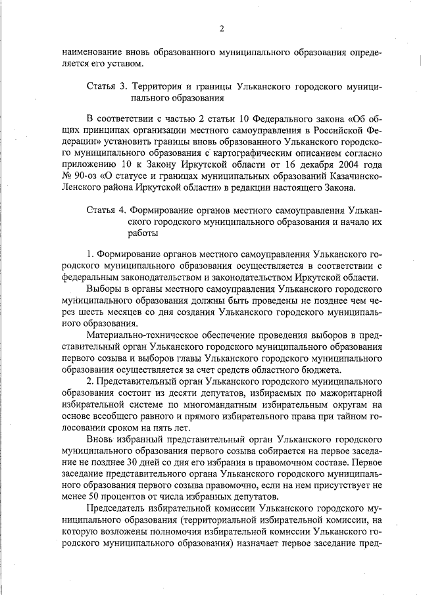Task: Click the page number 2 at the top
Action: (222, 28)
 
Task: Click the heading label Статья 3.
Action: (107, 87)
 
